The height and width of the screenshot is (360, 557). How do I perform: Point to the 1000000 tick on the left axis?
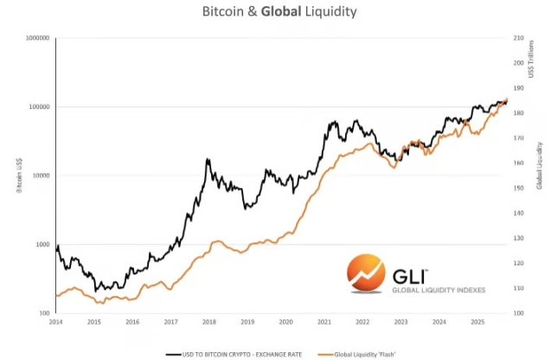click(x=35, y=38)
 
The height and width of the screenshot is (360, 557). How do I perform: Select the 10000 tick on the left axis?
click(x=39, y=176)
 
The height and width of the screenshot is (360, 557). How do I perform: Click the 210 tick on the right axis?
click(x=519, y=38)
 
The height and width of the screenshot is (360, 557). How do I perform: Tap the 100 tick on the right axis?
click(x=519, y=312)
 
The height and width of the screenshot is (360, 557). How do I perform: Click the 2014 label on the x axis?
click(x=56, y=322)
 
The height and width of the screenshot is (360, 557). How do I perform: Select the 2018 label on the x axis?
click(x=209, y=322)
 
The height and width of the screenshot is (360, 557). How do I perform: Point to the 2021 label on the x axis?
click(x=323, y=322)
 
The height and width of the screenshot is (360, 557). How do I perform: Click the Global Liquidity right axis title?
click(x=538, y=164)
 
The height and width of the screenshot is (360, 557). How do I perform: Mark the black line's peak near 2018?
click(x=208, y=159)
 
